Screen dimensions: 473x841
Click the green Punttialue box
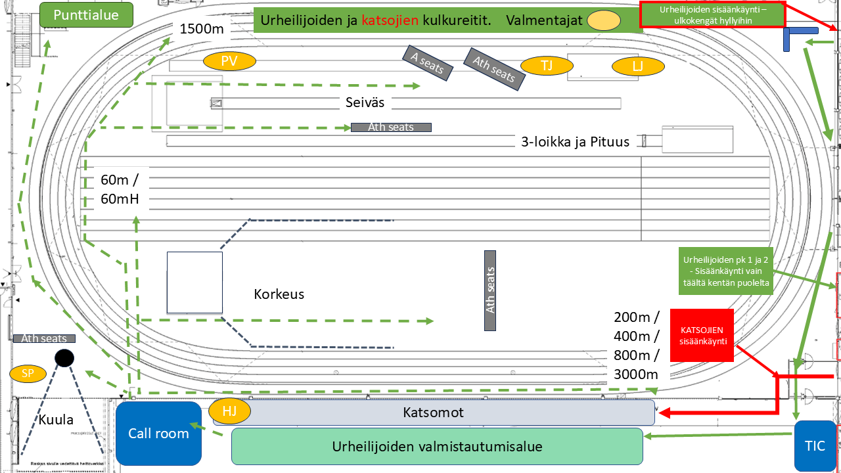[86, 15]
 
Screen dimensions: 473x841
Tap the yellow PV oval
[229, 61]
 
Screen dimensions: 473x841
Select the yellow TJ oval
[547, 66]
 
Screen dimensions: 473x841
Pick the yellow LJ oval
[637, 66]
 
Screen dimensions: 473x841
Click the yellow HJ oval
[230, 412]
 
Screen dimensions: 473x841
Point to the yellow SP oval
[28, 374]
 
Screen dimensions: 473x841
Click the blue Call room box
[158, 433]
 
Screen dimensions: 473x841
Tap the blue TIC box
[815, 446]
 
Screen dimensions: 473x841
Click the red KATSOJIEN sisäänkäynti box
[701, 335]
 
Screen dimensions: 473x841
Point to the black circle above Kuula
[64, 358]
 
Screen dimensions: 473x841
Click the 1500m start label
[202, 29]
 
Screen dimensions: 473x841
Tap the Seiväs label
[365, 102]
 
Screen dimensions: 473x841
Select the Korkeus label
[279, 294]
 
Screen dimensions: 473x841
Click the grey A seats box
[428, 62]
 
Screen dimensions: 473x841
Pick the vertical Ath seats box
[489, 290]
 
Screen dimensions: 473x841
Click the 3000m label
[636, 374]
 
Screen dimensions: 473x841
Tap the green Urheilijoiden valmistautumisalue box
[437, 447]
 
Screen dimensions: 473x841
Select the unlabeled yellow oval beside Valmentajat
[603, 20]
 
